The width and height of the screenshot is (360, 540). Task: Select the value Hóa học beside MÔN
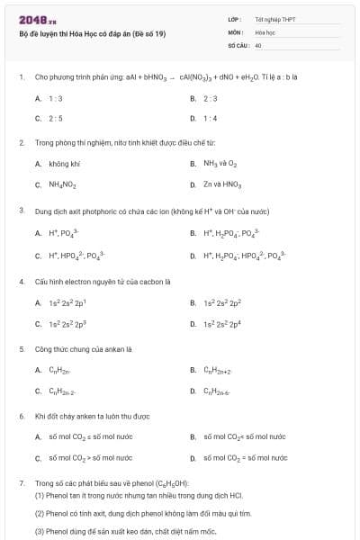tap(265, 31)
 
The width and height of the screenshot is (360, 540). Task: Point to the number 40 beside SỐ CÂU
tap(258, 44)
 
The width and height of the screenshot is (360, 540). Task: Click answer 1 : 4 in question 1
tap(211, 118)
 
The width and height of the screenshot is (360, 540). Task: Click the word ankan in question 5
tap(109, 348)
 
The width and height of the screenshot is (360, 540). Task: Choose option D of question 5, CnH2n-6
tap(217, 391)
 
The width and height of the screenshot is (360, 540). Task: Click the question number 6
tap(21, 416)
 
